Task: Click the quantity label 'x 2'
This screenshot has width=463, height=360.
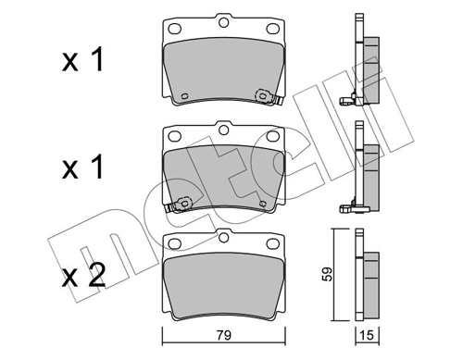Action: (83, 276)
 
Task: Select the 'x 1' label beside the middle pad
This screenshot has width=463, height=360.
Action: (83, 168)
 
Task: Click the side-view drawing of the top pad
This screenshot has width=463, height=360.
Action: (362, 65)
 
